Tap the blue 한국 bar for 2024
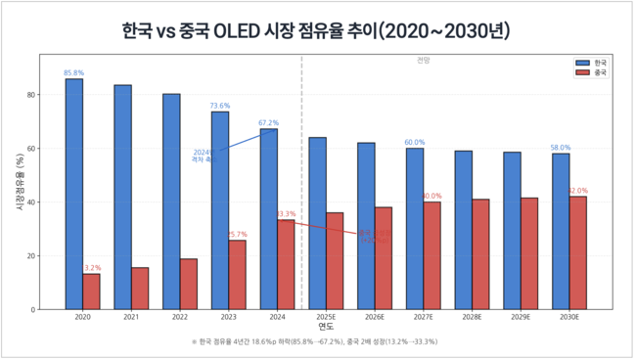268,219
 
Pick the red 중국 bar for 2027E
432,255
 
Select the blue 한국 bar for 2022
171,202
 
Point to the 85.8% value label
73,72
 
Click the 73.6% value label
220,106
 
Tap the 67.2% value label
268,123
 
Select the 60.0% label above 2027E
415,142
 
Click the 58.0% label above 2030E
561,148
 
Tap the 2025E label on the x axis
326,318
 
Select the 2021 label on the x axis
131,318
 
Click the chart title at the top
317,31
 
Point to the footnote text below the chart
317,342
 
